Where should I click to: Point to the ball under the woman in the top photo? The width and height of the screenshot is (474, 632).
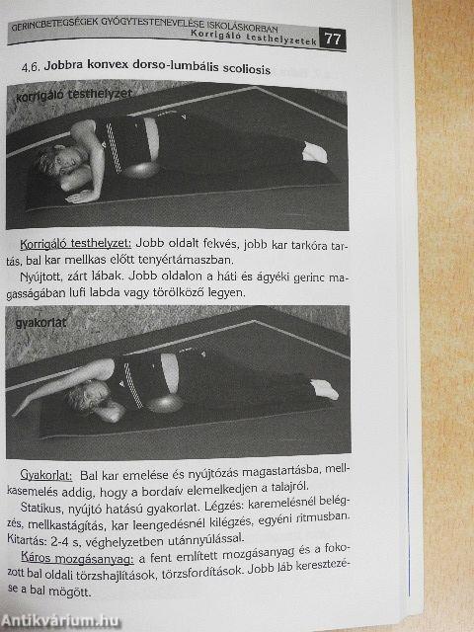tap(144, 171)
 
